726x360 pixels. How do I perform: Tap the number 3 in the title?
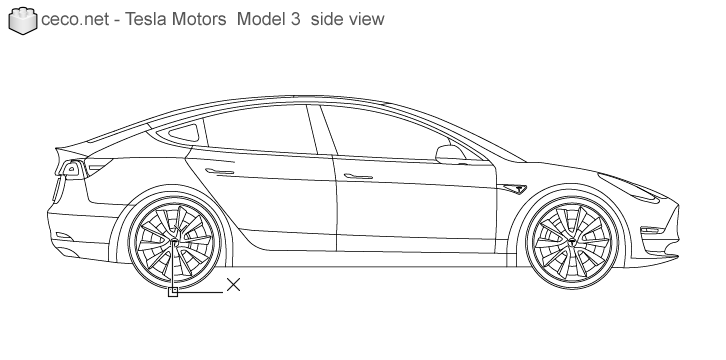click(293, 20)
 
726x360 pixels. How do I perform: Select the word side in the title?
click(327, 20)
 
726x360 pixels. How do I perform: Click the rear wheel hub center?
click(174, 242)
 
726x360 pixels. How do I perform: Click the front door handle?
click(355, 176)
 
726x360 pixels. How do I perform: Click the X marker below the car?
click(233, 285)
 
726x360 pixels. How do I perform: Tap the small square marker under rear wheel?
click(173, 293)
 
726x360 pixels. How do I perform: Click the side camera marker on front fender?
click(517, 187)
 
